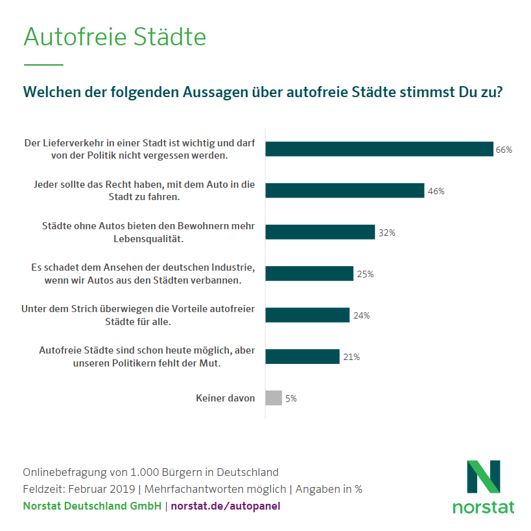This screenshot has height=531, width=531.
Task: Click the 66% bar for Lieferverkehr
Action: click(379, 149)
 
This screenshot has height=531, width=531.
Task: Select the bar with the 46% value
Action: click(345, 190)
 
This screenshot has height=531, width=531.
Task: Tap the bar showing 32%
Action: click(320, 232)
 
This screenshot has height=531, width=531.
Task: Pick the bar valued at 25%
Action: click(309, 273)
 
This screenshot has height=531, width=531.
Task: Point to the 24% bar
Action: click(307, 315)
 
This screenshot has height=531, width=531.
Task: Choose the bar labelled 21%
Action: click(302, 356)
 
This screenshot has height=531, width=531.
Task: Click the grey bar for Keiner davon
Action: click(274, 398)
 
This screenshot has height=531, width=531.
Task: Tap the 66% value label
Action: click(504, 150)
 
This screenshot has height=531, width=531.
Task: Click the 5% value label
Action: click(291, 398)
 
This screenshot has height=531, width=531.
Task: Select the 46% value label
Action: click(436, 191)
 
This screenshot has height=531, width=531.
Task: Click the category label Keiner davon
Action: click(225, 398)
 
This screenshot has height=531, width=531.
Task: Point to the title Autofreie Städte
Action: click(115, 37)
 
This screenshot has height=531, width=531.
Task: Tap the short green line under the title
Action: click(43, 65)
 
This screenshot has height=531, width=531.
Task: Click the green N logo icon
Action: click(484, 477)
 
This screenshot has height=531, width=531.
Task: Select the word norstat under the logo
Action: click(484, 506)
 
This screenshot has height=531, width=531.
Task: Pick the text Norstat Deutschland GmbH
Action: click(92, 506)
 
